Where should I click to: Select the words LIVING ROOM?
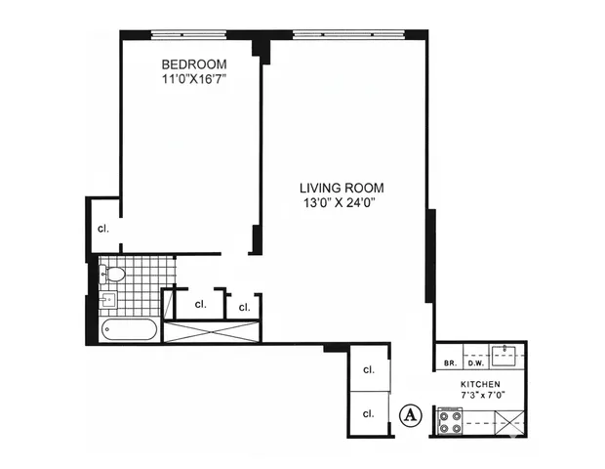click(x=341, y=188)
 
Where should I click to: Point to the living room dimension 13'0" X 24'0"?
click(x=341, y=203)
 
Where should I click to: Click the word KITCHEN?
click(x=480, y=385)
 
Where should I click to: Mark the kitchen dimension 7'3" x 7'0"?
click(x=480, y=398)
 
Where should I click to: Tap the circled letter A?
click(x=411, y=414)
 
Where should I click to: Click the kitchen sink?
click(x=505, y=353)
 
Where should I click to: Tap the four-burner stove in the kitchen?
click(x=450, y=422)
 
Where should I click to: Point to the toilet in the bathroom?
click(x=113, y=274)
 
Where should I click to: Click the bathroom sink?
click(x=109, y=299)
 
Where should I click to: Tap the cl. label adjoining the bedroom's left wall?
click(x=102, y=229)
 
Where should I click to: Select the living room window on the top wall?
click(x=347, y=35)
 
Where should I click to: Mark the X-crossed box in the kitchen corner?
click(x=508, y=423)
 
